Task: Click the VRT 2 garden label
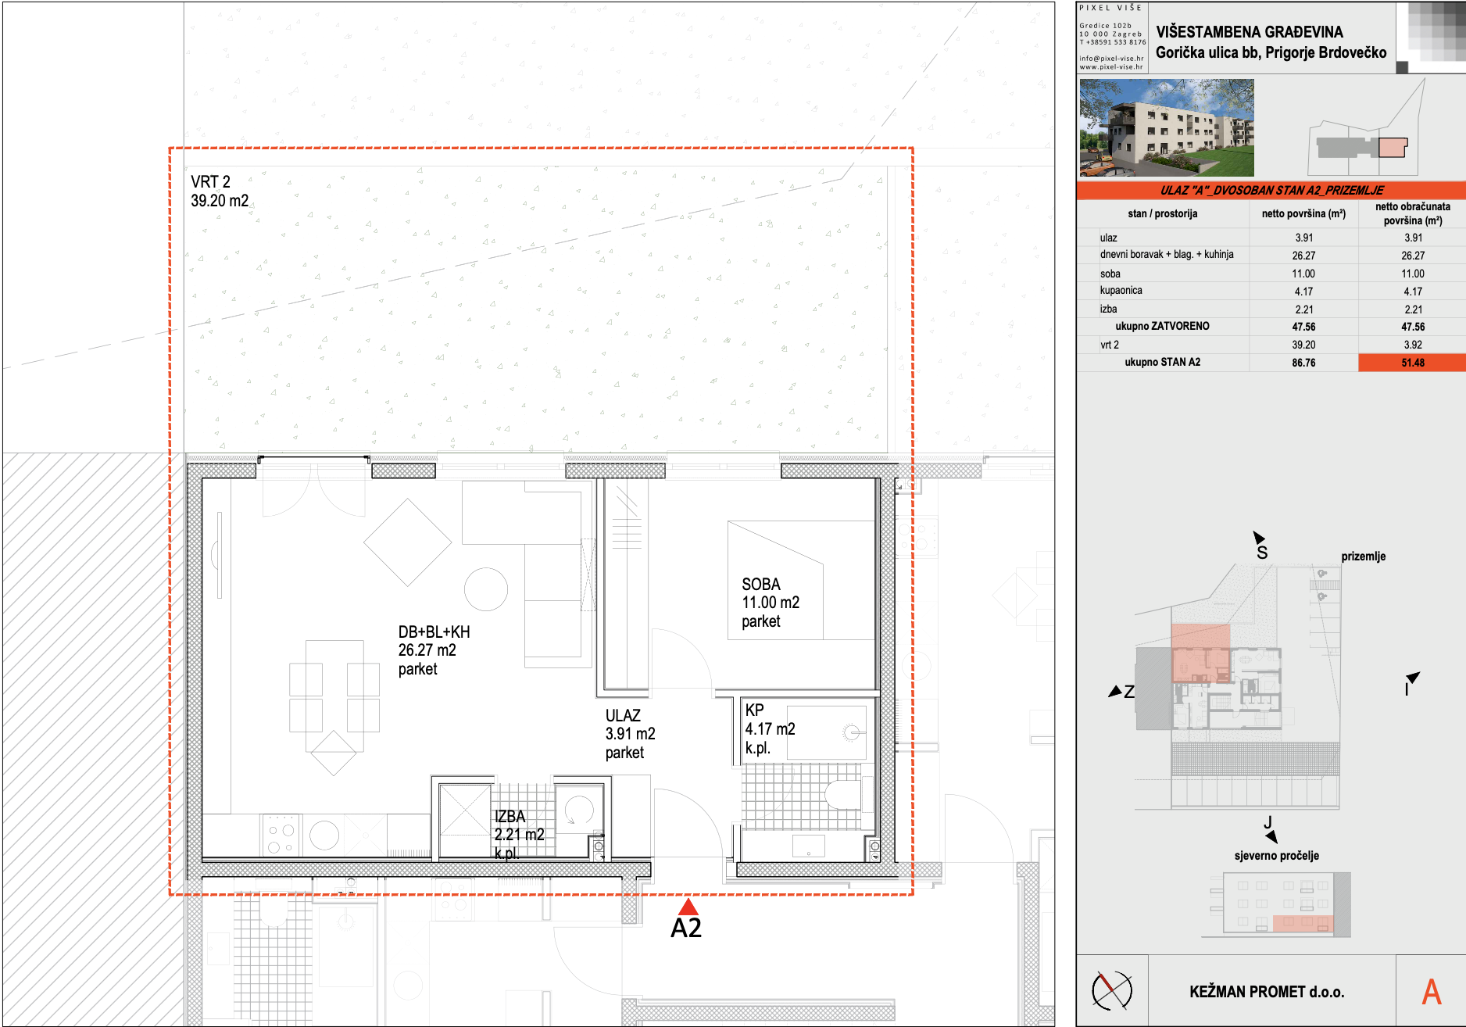(x=220, y=191)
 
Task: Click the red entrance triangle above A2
(x=688, y=907)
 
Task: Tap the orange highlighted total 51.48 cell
(x=1412, y=363)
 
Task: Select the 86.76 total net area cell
(x=1303, y=363)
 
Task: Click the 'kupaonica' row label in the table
(x=1121, y=291)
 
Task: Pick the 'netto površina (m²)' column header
(x=1303, y=213)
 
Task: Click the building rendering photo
(x=1167, y=127)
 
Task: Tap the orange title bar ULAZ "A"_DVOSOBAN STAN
(x=1271, y=190)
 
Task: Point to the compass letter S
(x=1262, y=553)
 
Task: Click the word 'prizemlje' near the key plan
(x=1364, y=556)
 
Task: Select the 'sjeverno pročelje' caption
(x=1277, y=856)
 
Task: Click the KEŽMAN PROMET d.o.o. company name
(x=1267, y=992)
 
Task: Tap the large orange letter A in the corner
(x=1432, y=992)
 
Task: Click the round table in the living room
(x=486, y=589)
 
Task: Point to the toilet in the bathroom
(x=842, y=795)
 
